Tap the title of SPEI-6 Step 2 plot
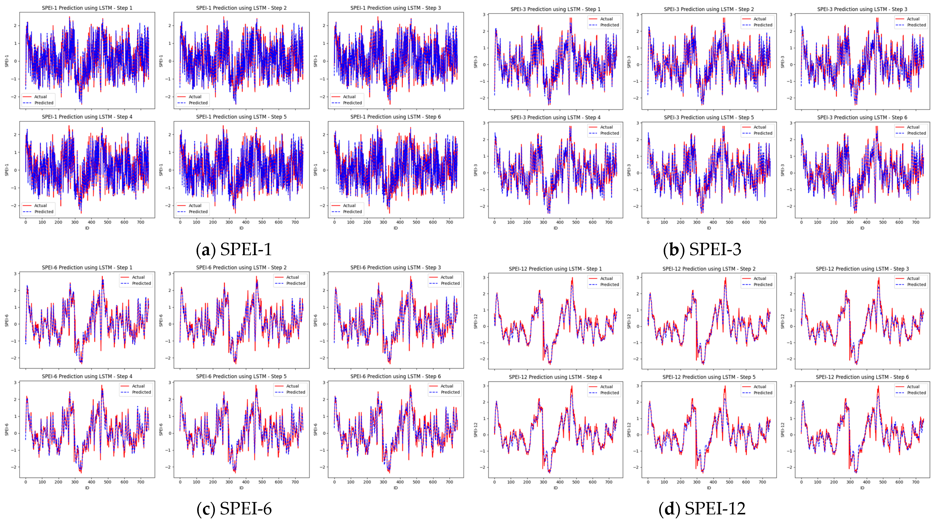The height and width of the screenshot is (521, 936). (x=241, y=267)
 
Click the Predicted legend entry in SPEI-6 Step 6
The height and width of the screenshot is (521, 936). (x=450, y=392)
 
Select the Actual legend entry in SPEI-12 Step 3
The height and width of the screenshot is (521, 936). (x=913, y=278)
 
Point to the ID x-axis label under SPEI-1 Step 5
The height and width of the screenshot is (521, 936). (x=241, y=228)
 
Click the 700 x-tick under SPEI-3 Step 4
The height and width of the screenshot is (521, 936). (x=609, y=222)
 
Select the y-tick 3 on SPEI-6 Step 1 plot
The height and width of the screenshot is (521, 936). (x=15, y=273)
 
